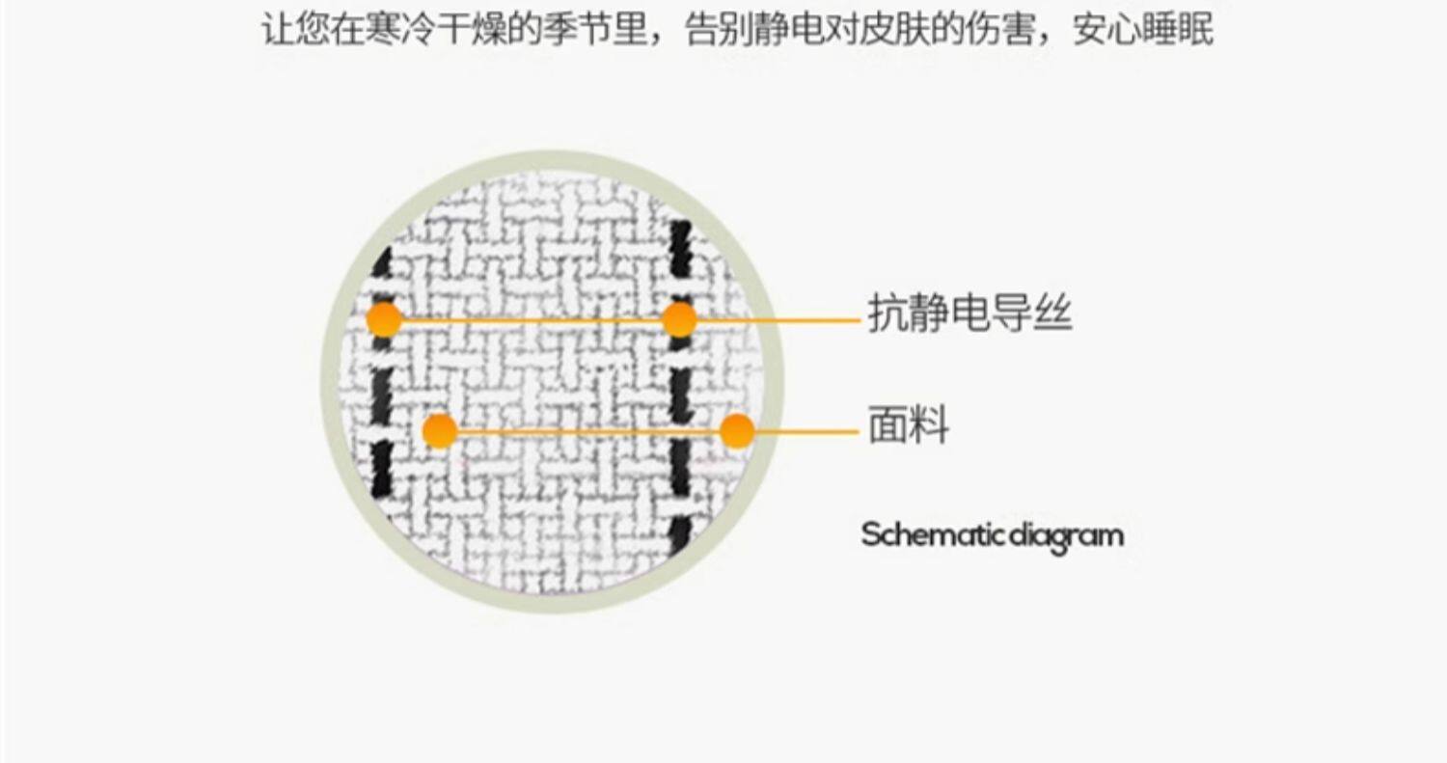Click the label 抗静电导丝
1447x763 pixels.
[x=969, y=314]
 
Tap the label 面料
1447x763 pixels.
[x=908, y=425]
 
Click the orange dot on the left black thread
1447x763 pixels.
[x=384, y=319]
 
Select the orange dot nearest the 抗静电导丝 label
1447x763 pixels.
[x=679, y=319]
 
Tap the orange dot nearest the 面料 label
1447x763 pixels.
[x=737, y=431]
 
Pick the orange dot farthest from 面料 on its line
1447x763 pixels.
[x=440, y=431]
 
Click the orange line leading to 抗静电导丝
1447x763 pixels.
[x=772, y=319]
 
